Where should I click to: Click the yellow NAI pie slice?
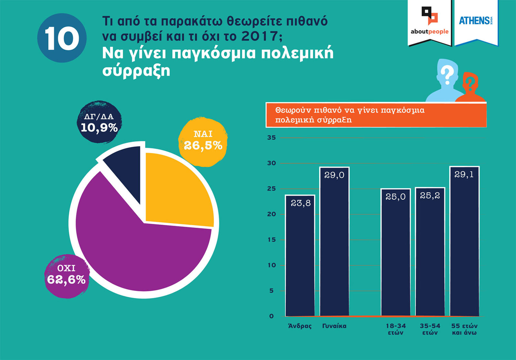[x=177, y=190]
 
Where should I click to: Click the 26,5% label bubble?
[x=203, y=141]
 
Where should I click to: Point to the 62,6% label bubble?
[x=66, y=276]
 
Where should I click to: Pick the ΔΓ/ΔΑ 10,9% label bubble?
[x=99, y=123]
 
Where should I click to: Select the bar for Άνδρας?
[x=300, y=258]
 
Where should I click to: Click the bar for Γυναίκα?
[x=334, y=245]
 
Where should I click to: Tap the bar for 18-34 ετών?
[x=395, y=255]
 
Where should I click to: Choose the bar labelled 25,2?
[x=430, y=255]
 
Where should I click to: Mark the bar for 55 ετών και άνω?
[x=464, y=245]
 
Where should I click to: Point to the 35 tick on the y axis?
[x=272, y=138]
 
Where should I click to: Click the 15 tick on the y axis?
[x=272, y=240]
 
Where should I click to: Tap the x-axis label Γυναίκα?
[x=334, y=326]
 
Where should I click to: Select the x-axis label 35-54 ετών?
[x=430, y=329]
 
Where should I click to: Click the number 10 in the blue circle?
[x=62, y=38]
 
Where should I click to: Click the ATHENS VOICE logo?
[x=476, y=21]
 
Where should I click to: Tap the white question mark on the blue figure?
[x=447, y=75]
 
